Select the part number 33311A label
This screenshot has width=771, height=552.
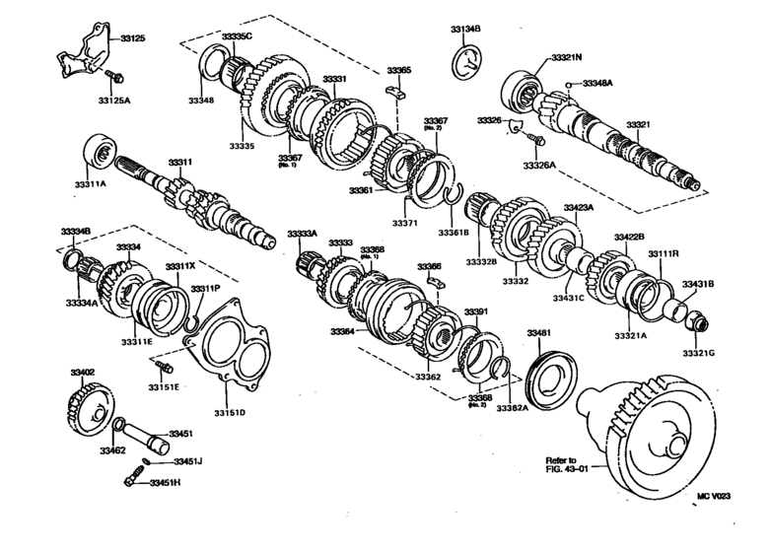coord(92,183)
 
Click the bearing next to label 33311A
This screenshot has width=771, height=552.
coord(99,151)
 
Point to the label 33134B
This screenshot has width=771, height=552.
coord(465,30)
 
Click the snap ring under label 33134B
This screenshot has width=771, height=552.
coord(466,57)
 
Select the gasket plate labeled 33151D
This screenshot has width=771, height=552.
coord(233,346)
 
